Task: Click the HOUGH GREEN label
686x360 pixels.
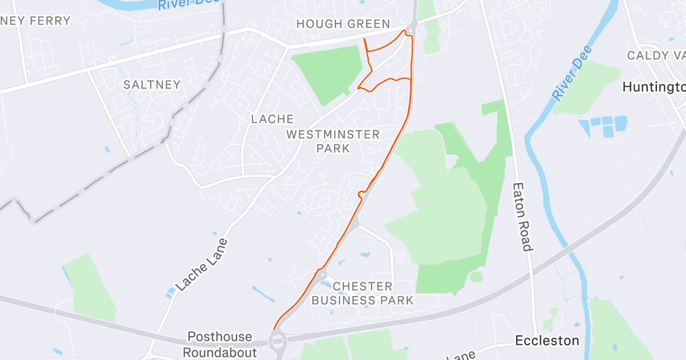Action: [343, 24]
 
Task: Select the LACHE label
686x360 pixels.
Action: [273, 119]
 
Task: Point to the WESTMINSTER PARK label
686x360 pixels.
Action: [333, 141]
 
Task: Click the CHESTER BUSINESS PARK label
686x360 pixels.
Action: [362, 293]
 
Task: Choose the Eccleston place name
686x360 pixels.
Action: [547, 341]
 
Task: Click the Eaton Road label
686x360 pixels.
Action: [523, 217]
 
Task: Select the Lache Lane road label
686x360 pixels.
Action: [201, 264]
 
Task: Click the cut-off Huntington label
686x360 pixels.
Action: [653, 87]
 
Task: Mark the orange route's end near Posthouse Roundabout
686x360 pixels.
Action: [274, 329]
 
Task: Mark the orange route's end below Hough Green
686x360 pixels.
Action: [364, 38]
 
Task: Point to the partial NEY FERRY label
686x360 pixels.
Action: [35, 21]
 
